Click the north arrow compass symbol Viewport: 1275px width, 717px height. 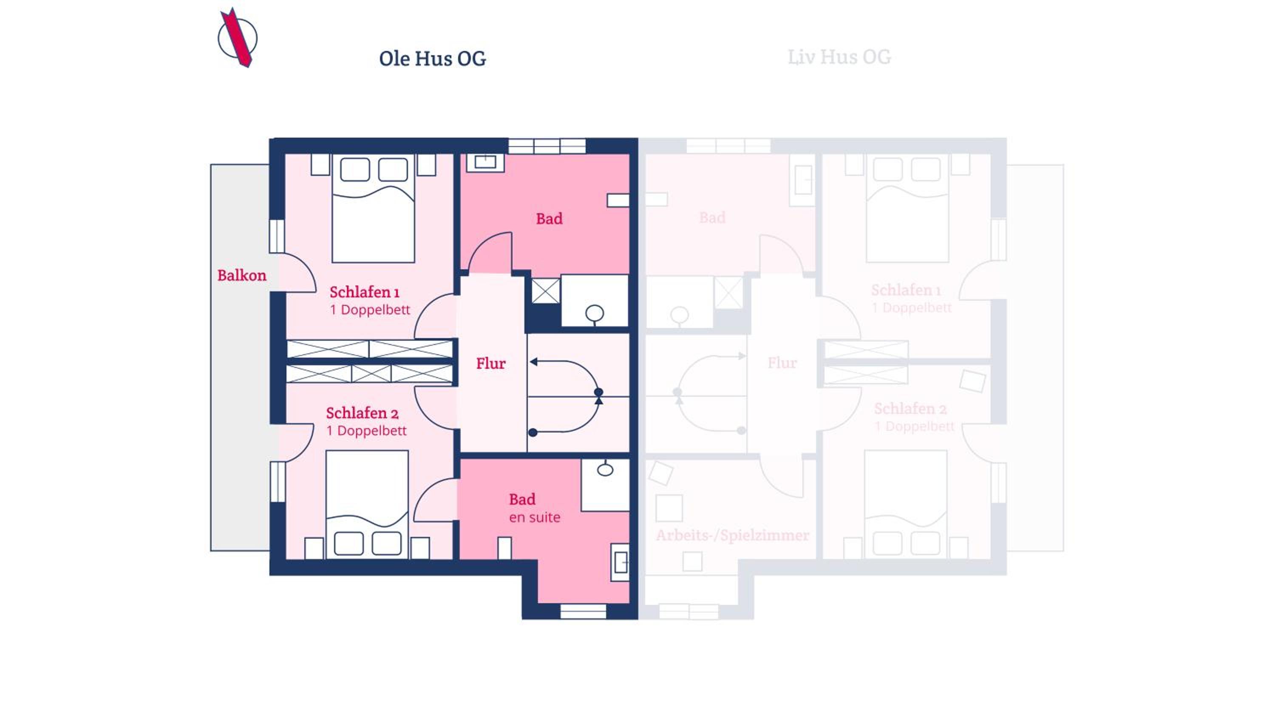(x=238, y=38)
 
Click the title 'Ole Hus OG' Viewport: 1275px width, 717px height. (x=433, y=58)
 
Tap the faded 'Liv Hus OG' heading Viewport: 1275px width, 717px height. (x=839, y=57)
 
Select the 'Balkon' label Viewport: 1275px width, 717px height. (x=242, y=275)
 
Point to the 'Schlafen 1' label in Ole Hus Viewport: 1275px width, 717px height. (x=365, y=292)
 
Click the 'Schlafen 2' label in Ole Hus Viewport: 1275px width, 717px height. (x=362, y=413)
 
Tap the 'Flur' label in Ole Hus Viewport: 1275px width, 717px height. (x=491, y=363)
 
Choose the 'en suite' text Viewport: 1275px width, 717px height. (x=535, y=518)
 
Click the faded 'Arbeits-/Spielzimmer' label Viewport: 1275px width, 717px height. (x=733, y=535)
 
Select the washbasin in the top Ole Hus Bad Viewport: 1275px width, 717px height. (x=485, y=162)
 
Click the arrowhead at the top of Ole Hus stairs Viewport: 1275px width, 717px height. (x=533, y=362)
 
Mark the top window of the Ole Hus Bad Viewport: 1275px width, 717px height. (x=547, y=146)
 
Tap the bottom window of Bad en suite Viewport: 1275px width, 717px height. (x=584, y=612)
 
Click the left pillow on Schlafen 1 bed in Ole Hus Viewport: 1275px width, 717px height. (x=355, y=170)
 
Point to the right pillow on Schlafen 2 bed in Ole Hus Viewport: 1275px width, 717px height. (x=387, y=543)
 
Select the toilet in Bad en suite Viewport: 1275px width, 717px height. (x=605, y=469)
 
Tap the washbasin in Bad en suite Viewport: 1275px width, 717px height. (x=620, y=562)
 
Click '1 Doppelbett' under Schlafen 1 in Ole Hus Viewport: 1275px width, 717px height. (x=370, y=310)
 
